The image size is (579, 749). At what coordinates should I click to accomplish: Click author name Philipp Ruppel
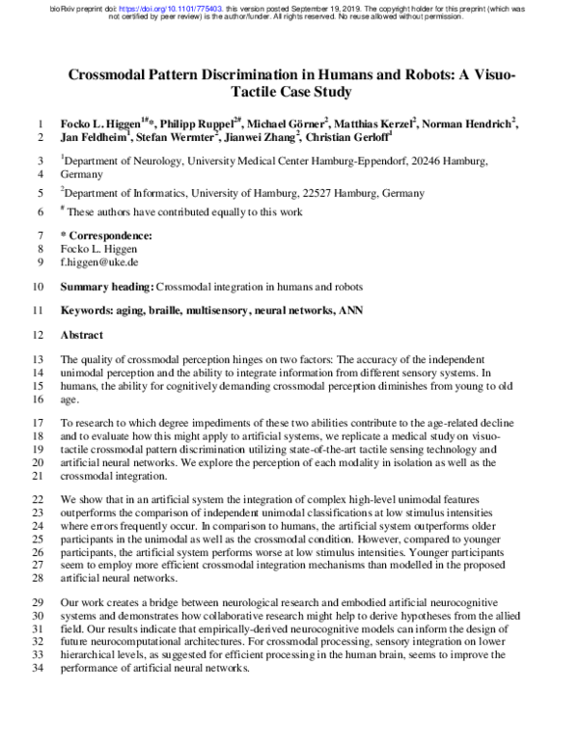[195, 124]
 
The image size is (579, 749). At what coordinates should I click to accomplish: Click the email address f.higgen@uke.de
[100, 262]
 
